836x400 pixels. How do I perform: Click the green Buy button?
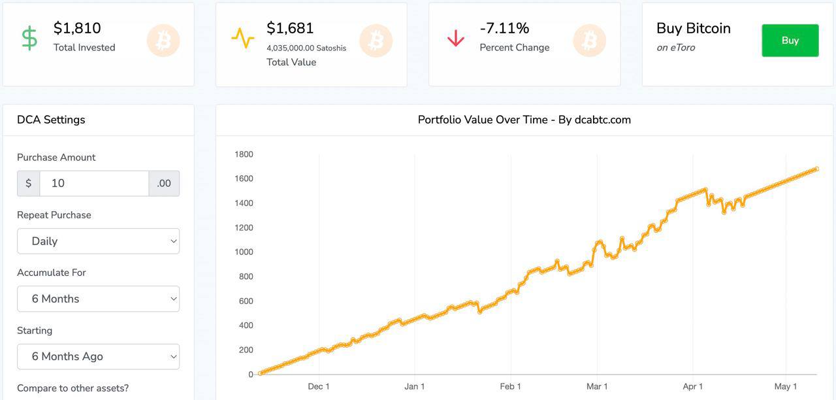pos(790,41)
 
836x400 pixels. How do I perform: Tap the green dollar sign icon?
pos(29,38)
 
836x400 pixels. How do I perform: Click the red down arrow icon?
pos(456,38)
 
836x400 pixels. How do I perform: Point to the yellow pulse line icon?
pos(242,38)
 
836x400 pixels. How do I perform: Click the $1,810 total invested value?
pos(77,28)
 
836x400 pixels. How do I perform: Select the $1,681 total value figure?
pos(290,28)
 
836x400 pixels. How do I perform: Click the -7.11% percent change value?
pos(504,28)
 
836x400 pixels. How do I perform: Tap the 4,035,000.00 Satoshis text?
pos(306,48)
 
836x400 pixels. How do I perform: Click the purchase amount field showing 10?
pos(94,184)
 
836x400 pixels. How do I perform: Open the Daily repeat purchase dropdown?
pos(98,241)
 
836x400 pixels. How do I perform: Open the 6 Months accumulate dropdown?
pos(98,299)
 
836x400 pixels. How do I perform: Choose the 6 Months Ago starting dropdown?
pos(98,357)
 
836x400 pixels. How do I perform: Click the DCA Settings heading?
pos(51,120)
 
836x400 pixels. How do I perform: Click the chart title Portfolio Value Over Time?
pos(483,120)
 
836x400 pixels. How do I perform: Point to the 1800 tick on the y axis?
pos(244,154)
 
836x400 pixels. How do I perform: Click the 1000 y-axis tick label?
pos(244,252)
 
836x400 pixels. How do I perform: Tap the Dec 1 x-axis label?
pos(319,386)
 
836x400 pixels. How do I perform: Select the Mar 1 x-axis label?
pos(597,386)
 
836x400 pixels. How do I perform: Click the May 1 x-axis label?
pos(786,386)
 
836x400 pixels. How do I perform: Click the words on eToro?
pos(676,48)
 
